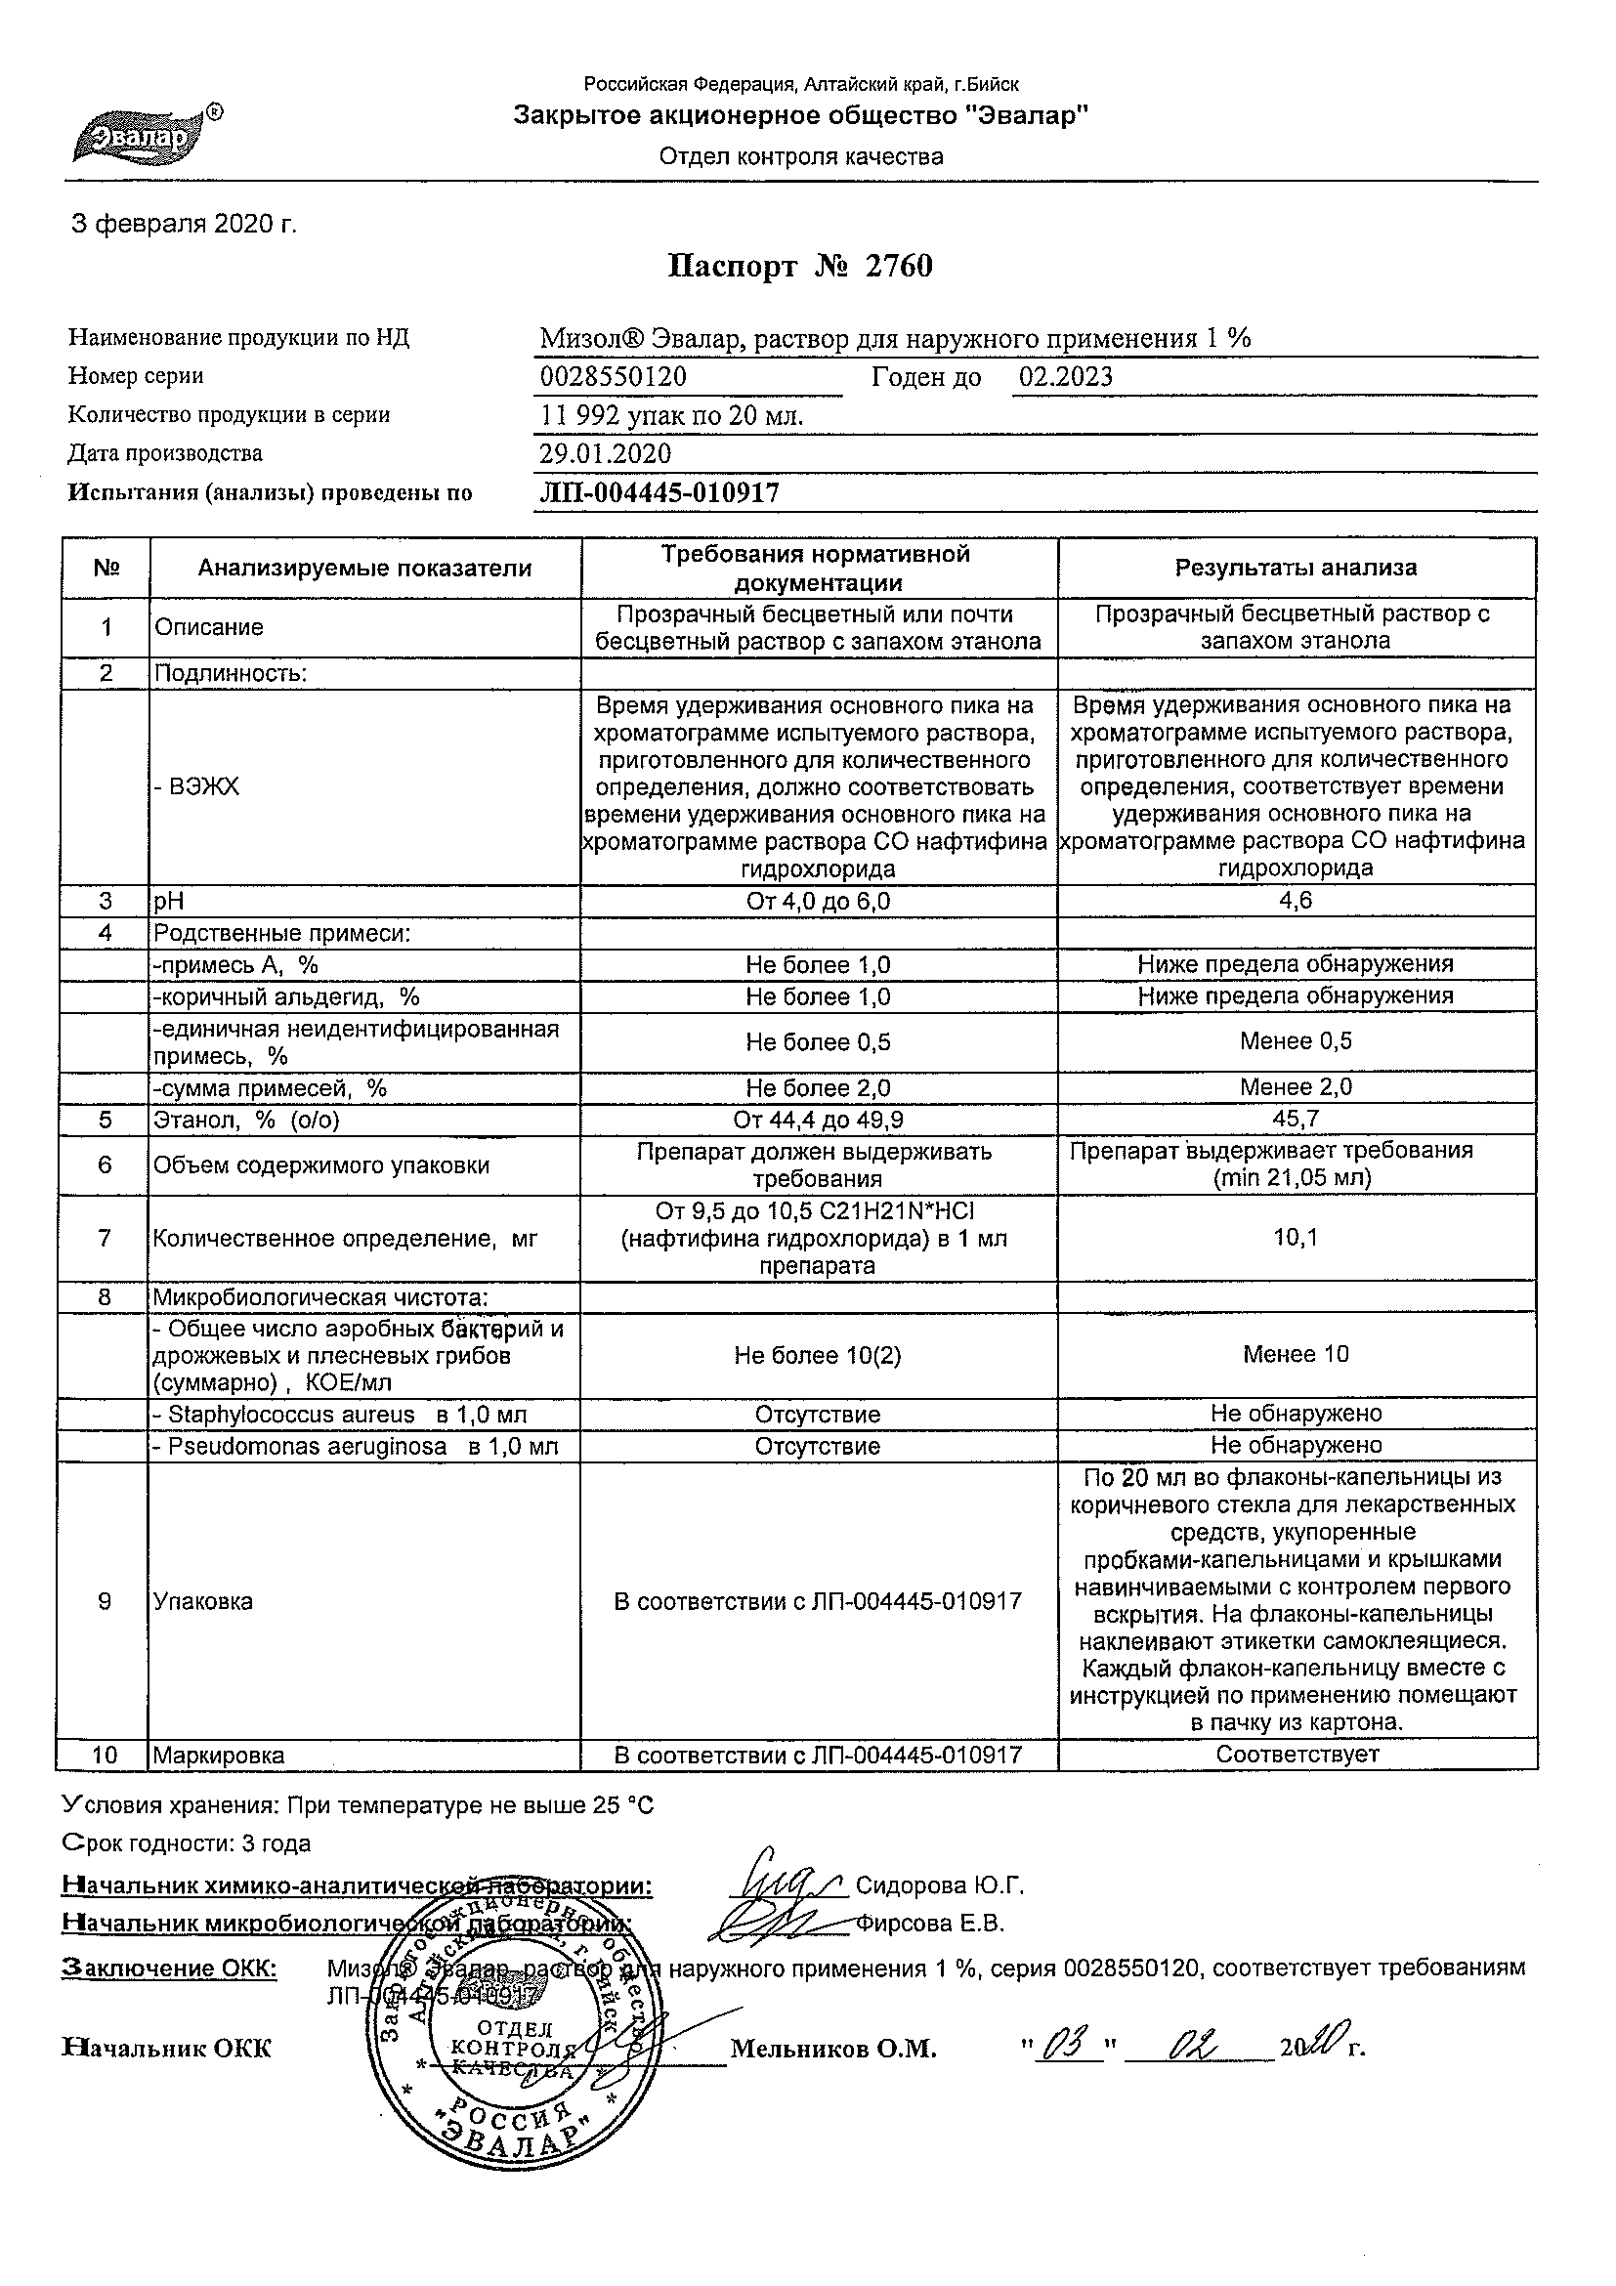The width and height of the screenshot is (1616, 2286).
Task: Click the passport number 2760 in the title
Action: pos(898,267)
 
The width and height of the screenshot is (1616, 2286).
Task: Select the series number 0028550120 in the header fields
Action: pos(613,377)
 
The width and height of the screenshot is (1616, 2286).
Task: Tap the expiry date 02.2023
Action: pos(1064,377)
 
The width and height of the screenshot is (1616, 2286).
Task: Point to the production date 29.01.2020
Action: pos(605,454)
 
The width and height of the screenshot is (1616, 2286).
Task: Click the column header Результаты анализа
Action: pos(1296,569)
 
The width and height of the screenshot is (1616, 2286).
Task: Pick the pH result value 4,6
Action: pos(1296,901)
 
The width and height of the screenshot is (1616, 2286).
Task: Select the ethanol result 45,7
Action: pos(1296,1120)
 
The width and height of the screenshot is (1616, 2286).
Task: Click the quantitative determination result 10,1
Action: pos(1296,1238)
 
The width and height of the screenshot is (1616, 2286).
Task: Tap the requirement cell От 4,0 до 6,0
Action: pos(818,902)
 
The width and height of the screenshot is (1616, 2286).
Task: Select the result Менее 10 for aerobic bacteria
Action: pos(1296,1354)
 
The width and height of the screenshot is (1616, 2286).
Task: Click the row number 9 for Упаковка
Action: pos(106,1602)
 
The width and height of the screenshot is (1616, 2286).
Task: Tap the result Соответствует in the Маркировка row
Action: pos(1297,1756)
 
